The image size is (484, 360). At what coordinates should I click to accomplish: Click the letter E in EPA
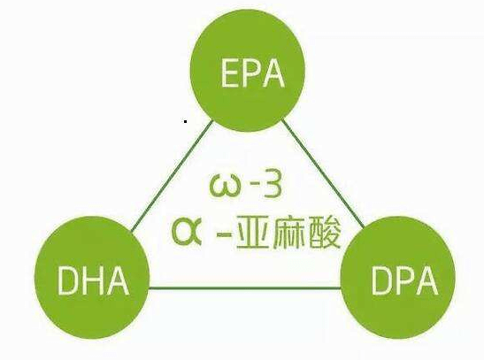(229, 73)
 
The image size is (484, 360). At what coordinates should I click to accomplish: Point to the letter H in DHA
(92, 280)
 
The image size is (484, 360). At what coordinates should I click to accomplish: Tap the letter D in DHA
(67, 280)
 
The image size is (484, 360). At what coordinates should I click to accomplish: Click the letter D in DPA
(382, 280)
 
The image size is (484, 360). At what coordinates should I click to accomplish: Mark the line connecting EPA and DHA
(172, 176)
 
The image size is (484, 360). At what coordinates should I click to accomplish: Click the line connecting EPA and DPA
(323, 173)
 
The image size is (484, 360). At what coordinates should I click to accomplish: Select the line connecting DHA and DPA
(245, 288)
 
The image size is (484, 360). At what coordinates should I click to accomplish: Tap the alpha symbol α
(187, 231)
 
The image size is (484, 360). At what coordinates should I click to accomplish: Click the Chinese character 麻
(288, 233)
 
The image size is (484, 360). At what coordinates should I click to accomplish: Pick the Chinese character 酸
(325, 233)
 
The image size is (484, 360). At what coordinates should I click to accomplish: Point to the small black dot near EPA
(185, 121)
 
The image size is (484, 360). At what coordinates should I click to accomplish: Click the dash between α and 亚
(225, 235)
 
